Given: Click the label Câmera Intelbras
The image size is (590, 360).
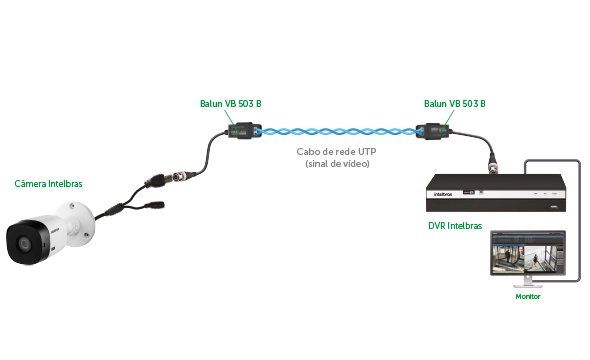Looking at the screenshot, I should [48, 184].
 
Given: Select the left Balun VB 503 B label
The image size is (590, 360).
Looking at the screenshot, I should [230, 103].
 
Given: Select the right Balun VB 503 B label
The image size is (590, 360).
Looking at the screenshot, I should [454, 103].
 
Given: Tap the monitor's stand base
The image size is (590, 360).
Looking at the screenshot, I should [527, 285].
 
